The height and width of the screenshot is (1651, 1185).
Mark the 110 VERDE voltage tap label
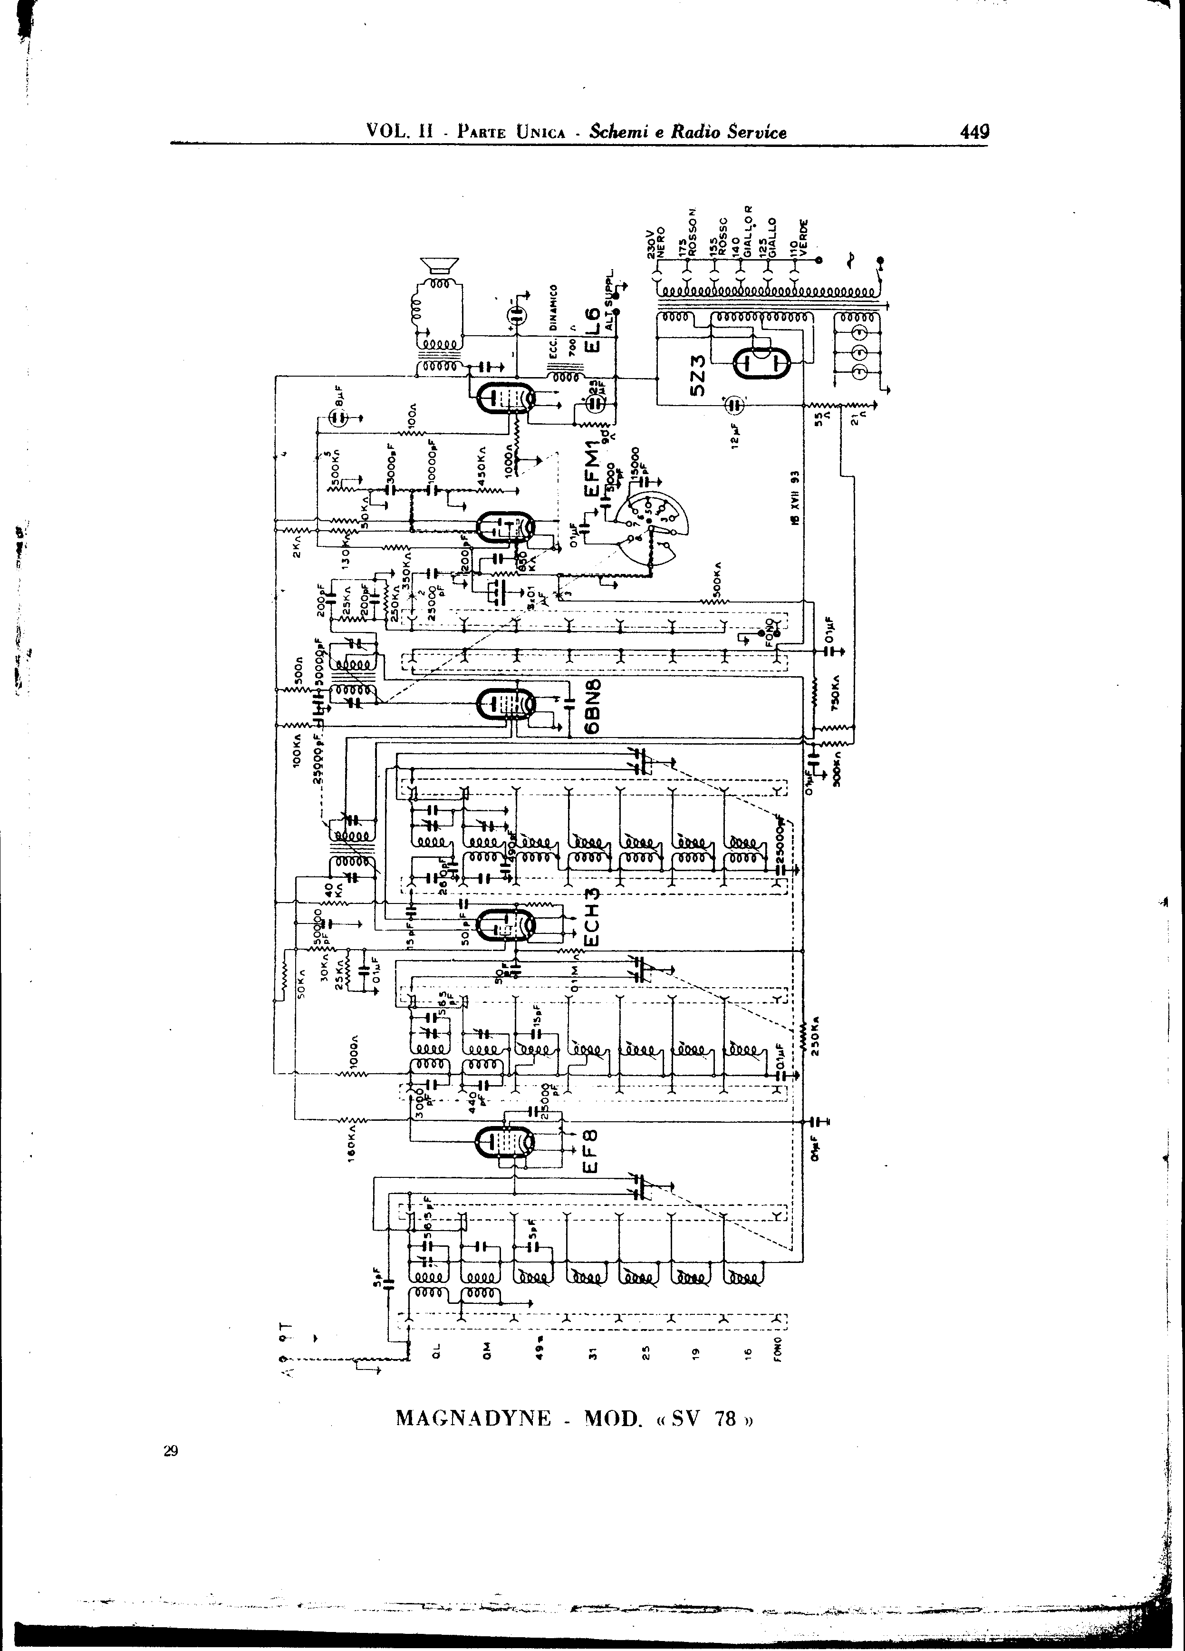tap(799, 237)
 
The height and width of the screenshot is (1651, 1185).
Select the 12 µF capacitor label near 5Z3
tap(737, 435)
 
